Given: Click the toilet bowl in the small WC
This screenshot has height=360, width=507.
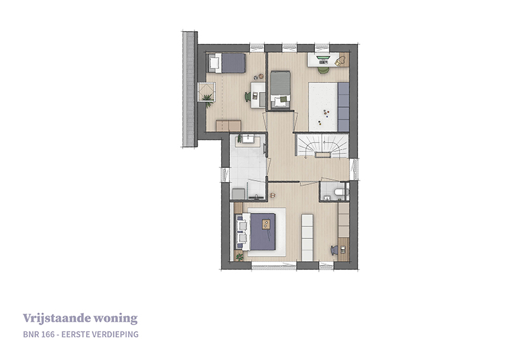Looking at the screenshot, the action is [x=339, y=192].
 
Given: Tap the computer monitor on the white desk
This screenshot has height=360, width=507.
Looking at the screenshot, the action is [x=323, y=58].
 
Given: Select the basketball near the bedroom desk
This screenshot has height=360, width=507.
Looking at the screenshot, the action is [x=260, y=76].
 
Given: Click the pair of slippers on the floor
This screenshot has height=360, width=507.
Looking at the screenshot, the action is [x=273, y=195].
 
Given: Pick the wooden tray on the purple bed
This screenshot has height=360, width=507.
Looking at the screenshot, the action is [x=266, y=224].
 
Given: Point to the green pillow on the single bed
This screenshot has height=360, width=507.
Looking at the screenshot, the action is [x=283, y=100].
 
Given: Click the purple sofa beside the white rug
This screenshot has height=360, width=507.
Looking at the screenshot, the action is [x=343, y=107].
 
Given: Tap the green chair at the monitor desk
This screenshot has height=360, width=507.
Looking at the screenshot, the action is [x=323, y=70].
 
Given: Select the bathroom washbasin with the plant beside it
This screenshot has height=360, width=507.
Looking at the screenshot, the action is [x=248, y=139].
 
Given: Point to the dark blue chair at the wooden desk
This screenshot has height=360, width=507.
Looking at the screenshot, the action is [x=334, y=250].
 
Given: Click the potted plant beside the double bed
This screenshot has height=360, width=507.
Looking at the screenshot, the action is [x=240, y=257].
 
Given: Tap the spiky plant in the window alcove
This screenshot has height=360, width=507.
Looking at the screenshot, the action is [x=208, y=99].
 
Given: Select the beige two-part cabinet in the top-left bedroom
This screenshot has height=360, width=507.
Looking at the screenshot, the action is [x=229, y=125].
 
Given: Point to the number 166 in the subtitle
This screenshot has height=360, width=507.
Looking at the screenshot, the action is [x=45, y=334].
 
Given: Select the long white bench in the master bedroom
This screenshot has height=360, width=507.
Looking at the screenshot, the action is [x=307, y=237].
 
